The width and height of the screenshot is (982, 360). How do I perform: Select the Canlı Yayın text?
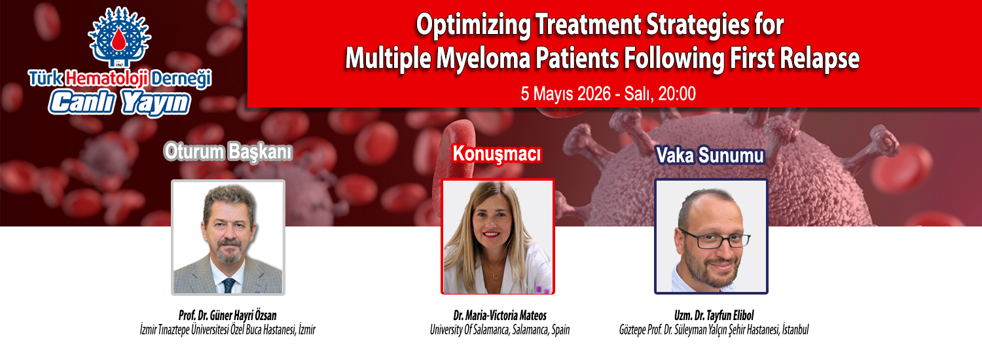[x=119, y=103]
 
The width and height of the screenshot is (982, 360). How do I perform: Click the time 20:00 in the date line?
[x=677, y=94]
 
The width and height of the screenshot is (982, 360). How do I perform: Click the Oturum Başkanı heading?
[x=228, y=152]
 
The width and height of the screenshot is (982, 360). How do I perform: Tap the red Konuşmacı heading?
[x=497, y=154]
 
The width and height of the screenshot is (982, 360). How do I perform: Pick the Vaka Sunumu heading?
[x=710, y=155]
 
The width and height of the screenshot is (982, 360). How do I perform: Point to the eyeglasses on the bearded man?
[x=716, y=240]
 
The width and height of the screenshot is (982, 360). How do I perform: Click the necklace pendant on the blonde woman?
[x=496, y=276]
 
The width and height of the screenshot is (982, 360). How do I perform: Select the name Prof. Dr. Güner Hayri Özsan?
[x=228, y=315]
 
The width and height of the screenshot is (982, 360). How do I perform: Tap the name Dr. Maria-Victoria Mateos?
[x=500, y=315]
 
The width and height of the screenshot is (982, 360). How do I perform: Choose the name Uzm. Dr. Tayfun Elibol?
[x=714, y=315]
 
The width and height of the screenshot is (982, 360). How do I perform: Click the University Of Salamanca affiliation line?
[x=500, y=330]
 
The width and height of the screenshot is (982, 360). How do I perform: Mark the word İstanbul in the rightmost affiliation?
[x=795, y=330]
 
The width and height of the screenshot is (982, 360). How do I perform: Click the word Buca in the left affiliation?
[x=254, y=330]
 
